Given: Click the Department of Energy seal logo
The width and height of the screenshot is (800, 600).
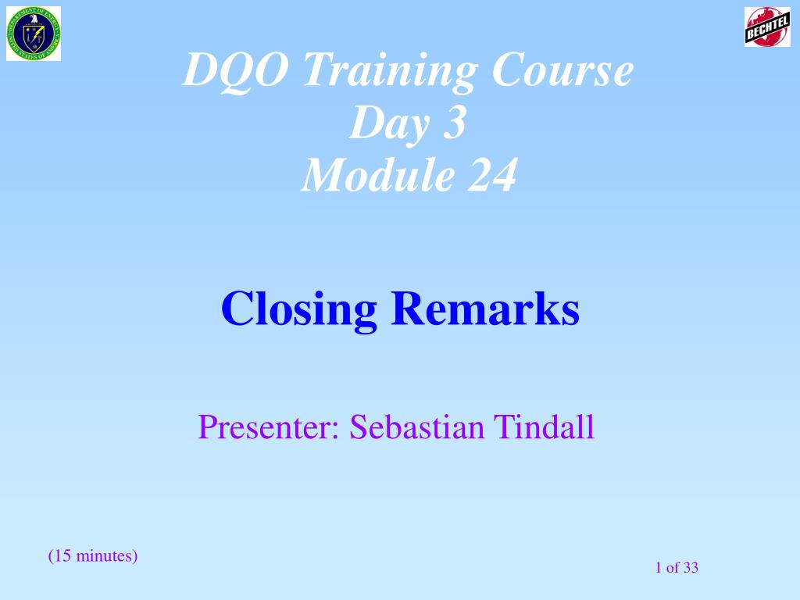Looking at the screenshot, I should (x=34, y=34).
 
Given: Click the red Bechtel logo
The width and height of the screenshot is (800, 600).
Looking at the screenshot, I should (x=767, y=27).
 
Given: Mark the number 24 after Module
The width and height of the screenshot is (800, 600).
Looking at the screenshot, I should (x=491, y=175).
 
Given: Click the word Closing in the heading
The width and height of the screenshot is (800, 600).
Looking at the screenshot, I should (x=299, y=309).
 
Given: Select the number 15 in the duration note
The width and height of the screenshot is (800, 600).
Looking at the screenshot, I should (x=62, y=556).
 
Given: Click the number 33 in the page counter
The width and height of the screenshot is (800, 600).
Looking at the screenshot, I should (x=690, y=568).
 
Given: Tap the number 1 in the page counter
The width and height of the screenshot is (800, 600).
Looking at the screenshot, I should (x=659, y=568).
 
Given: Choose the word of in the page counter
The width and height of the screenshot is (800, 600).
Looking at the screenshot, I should (x=673, y=568).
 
